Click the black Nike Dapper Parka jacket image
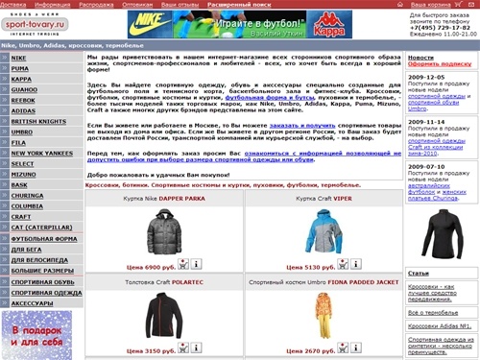(x=161, y=231)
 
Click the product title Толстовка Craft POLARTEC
(x=161, y=282)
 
